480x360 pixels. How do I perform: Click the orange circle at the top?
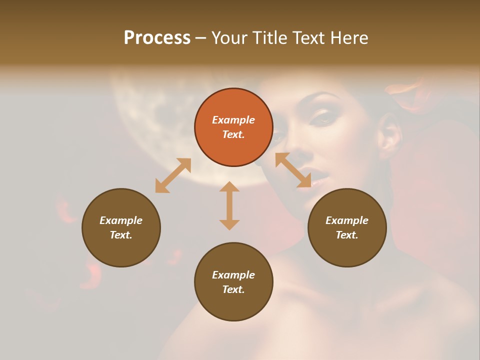click(233, 127)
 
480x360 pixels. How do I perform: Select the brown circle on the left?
click(121, 227)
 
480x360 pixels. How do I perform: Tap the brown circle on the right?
click(347, 227)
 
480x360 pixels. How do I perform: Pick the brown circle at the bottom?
click(233, 282)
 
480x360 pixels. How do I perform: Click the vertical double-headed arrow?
click(229, 205)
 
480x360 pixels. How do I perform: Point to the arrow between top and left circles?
click(173, 175)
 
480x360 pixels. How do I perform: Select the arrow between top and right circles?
click(293, 170)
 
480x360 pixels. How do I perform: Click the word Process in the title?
click(157, 38)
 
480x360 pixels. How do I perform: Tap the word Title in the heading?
click(270, 38)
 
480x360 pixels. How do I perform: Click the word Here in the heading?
click(349, 38)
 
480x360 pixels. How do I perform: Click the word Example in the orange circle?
click(233, 120)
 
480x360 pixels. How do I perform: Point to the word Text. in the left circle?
click(121, 235)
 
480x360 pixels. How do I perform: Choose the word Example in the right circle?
click(347, 220)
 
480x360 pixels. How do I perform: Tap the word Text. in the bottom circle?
click(233, 289)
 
